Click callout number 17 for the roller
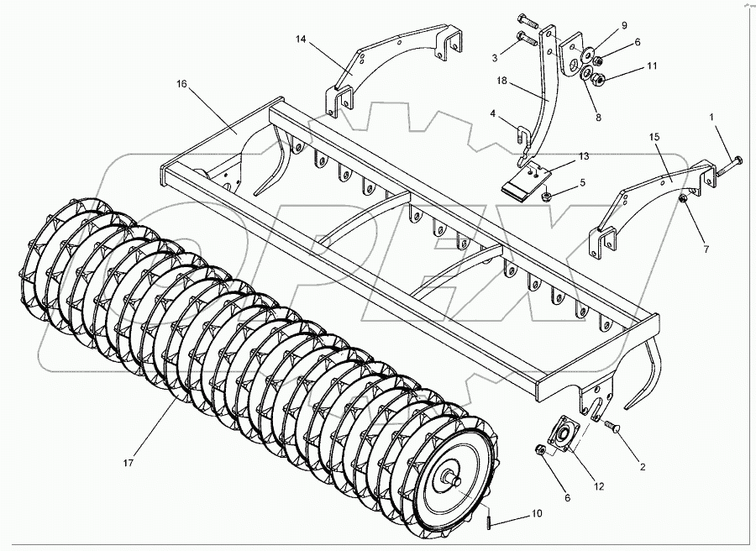(x=128, y=464)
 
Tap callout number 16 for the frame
(x=181, y=84)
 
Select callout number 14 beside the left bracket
(x=301, y=39)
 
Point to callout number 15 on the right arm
(x=654, y=137)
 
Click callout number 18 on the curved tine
(x=502, y=81)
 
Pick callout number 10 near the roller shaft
(x=537, y=513)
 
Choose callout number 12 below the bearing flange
(x=599, y=487)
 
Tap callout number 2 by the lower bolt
(x=643, y=467)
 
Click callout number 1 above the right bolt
(x=711, y=116)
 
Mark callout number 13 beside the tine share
(x=584, y=156)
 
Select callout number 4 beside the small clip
(x=493, y=113)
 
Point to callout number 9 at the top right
(x=624, y=25)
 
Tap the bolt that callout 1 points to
(x=729, y=165)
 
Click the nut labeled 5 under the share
(x=546, y=197)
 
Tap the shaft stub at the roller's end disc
(x=454, y=479)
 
